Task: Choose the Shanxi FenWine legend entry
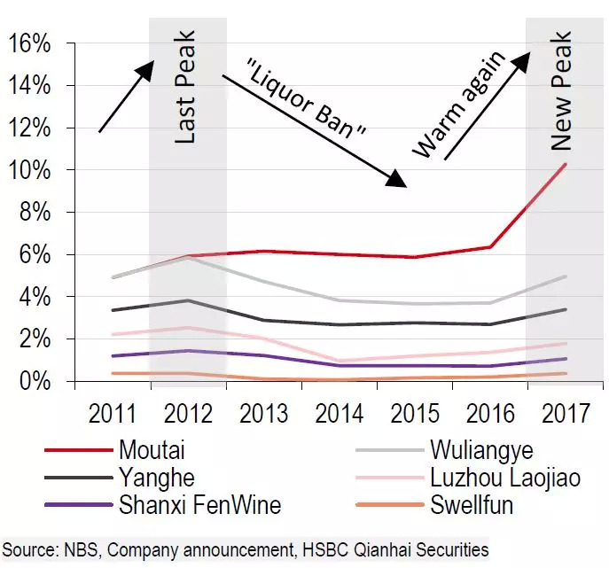coord(199,505)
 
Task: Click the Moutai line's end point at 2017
coord(565,165)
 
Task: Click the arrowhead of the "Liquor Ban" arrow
coord(399,183)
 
